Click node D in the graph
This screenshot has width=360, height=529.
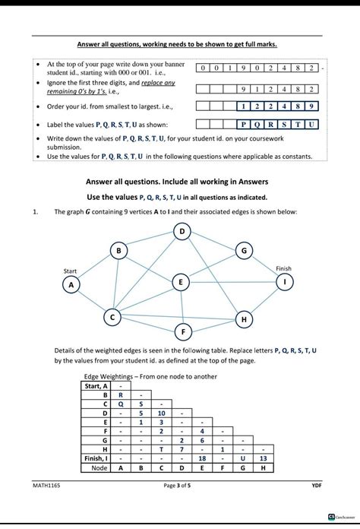tap(182, 231)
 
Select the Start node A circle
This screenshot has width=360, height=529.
tap(71, 284)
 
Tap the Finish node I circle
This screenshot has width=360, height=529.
tap(285, 281)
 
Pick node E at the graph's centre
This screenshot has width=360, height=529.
tap(180, 282)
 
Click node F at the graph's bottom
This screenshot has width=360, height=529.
tap(182, 331)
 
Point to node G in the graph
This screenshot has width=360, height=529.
tap(244, 250)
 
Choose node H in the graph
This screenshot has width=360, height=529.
tap(244, 320)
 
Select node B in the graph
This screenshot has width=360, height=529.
tap(118, 250)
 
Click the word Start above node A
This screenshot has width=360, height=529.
tap(71, 271)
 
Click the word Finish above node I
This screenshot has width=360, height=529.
tap(283, 268)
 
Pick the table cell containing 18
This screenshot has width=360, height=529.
tap(202, 459)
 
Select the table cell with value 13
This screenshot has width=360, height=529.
tap(264, 459)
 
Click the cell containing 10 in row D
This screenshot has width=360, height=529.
tap(161, 413)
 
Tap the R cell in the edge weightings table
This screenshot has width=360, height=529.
tap(120, 395)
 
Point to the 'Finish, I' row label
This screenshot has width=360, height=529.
tap(95, 459)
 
